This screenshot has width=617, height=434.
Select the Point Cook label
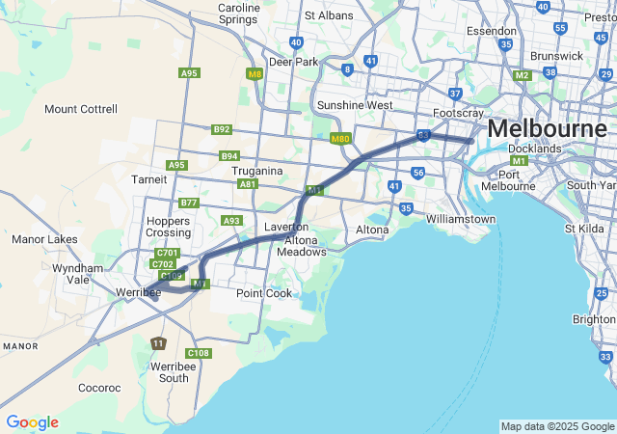264,293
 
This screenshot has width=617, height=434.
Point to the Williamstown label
460,220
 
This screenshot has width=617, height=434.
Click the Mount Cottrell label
81,109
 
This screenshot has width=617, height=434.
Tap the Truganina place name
257,171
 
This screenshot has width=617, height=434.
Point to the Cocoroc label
99,388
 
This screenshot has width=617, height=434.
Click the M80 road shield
340,139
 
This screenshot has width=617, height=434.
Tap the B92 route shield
222,129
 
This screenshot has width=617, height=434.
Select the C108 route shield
199,353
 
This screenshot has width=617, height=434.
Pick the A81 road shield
248,183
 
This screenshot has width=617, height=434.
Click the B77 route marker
189,203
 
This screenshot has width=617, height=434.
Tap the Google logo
32,422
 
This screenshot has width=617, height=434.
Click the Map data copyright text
556,426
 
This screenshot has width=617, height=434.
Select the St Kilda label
583,229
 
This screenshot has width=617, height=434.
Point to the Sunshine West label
356,105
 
